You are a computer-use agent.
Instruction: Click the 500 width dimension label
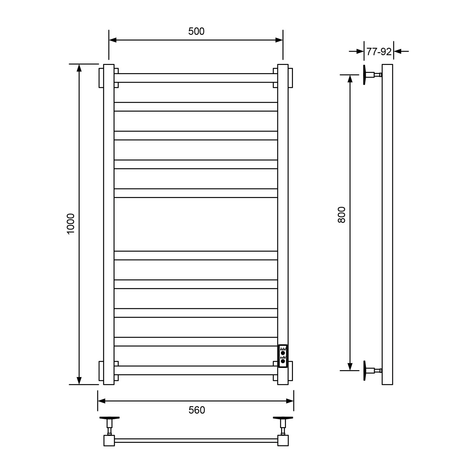coord(196,31)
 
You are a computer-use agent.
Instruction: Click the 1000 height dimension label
coord(71,224)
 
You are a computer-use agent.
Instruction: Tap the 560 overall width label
coord(197,410)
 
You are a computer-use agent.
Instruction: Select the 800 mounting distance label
coord(341,215)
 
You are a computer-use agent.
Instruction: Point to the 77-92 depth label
coord(379,52)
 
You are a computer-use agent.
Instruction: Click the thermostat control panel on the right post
coord(283,356)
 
